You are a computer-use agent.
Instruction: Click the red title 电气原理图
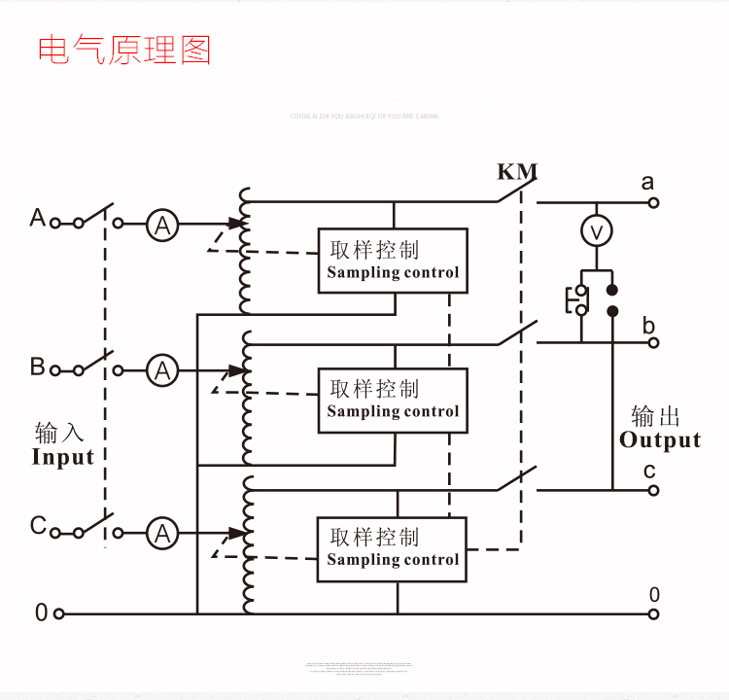coord(124,50)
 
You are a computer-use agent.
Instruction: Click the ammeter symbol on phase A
coord(162,226)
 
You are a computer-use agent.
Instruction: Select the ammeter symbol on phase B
coord(162,370)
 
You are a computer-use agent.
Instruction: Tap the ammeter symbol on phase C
coord(162,533)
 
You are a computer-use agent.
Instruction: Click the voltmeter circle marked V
coord(597,231)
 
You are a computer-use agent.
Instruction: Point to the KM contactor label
coord(517,172)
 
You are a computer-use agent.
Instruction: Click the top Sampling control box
coord(393,261)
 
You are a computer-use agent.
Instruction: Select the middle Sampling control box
coord(393,400)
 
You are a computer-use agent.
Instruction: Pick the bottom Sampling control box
coord(393,548)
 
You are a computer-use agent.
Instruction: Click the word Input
coord(63,457)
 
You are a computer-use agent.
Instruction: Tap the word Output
coord(660,440)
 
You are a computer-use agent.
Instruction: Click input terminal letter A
coord(38,217)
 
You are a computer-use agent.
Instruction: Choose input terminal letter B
coord(38,367)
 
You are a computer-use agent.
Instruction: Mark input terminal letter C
coord(38,526)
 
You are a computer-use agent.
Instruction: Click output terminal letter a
coord(648,182)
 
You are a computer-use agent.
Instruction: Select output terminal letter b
coord(648,326)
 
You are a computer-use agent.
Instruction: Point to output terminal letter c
coord(648,471)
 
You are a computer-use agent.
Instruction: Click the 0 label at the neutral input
coord(41,612)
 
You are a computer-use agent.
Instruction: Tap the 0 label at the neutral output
coord(654,594)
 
